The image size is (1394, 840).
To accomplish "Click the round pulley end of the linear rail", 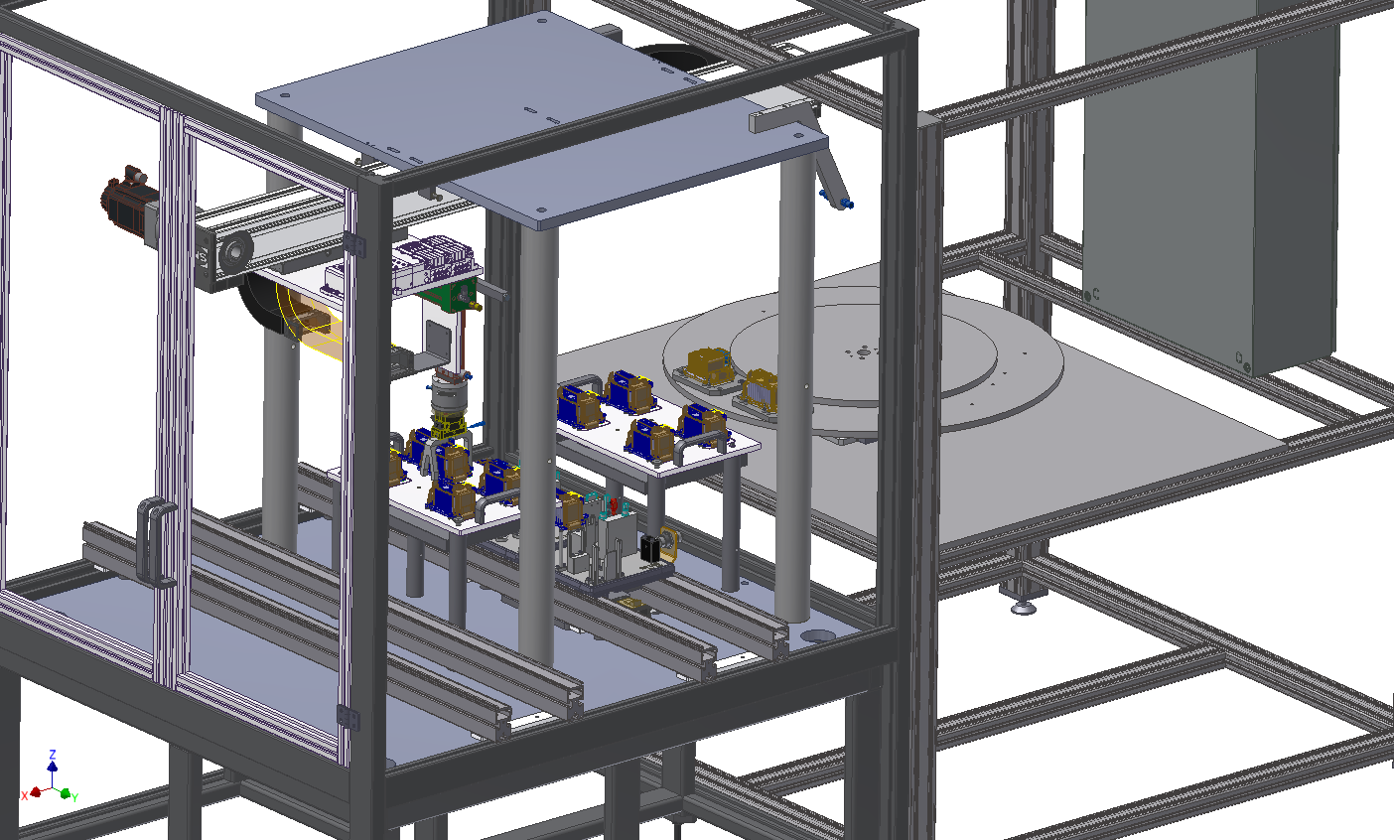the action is (x=236, y=252).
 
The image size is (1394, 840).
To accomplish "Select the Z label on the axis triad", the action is (x=53, y=754).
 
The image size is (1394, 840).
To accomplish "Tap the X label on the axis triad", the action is (x=24, y=796).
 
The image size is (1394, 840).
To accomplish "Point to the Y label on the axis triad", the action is (x=74, y=797).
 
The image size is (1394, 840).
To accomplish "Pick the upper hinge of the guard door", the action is (x=354, y=244).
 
